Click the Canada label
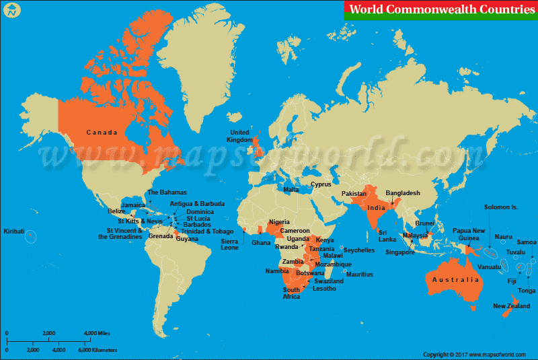(102, 133)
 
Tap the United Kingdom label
(240, 136)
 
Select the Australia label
(456, 279)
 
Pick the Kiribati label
(14, 231)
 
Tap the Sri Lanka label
(387, 236)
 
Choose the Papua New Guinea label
(469, 234)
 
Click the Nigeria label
(279, 222)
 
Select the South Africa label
(291, 293)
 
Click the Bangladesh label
(403, 193)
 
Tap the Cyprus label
(321, 184)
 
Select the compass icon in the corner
(11, 11)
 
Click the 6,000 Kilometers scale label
(98, 350)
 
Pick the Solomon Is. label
(501, 207)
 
